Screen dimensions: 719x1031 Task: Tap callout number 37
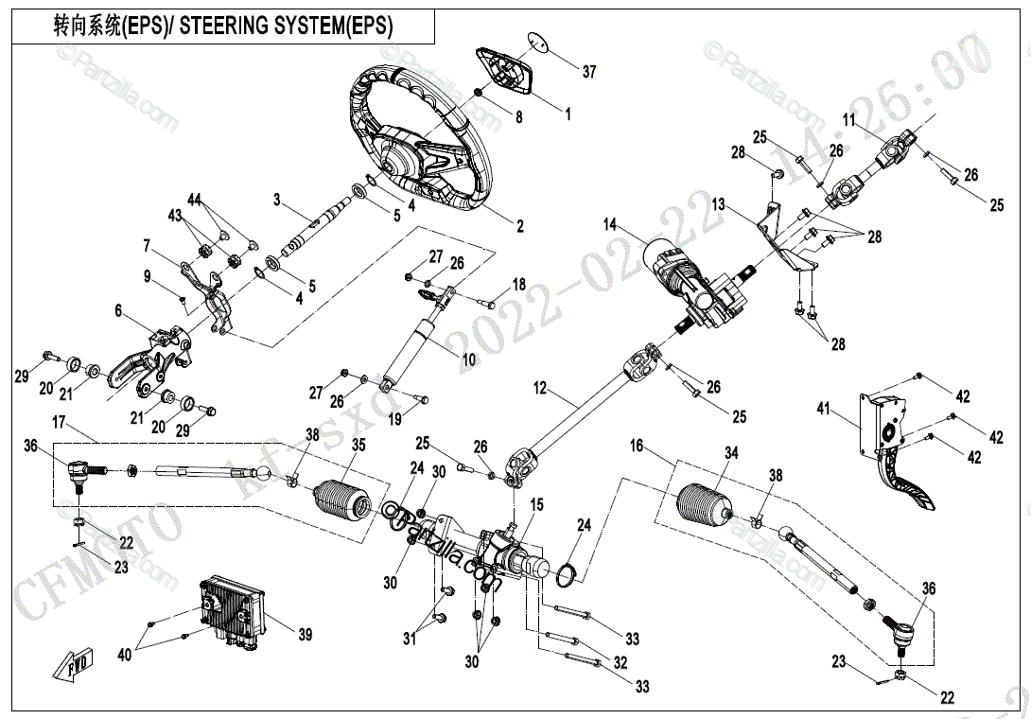click(x=589, y=72)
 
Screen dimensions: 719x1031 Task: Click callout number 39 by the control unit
click(x=305, y=635)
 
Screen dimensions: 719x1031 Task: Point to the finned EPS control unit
click(x=232, y=610)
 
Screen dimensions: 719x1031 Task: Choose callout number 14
click(x=610, y=224)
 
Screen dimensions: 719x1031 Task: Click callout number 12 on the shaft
click(x=540, y=387)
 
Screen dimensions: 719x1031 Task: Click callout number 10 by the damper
click(x=468, y=359)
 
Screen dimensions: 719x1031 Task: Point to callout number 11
click(x=848, y=120)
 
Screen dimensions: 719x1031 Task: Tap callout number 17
click(x=59, y=421)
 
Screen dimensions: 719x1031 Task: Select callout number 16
click(x=637, y=445)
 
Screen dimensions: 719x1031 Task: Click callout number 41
click(x=824, y=409)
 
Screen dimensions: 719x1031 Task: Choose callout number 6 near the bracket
click(x=119, y=310)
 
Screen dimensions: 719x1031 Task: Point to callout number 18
click(x=519, y=285)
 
